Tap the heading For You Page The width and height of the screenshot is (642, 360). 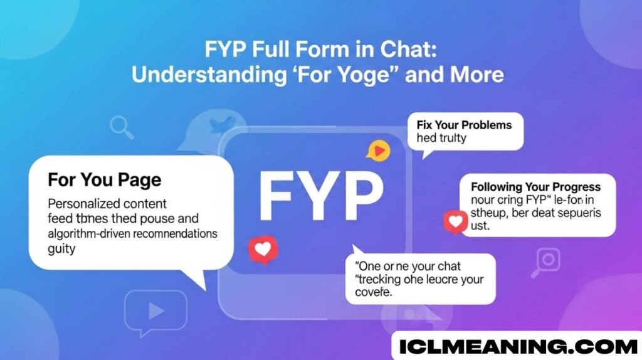tap(104, 180)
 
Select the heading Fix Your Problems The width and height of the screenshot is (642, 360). tap(464, 124)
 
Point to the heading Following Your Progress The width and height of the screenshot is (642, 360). tap(535, 187)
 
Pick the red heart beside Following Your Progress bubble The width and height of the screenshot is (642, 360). tap(455, 221)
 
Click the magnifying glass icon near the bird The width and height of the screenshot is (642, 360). tap(121, 127)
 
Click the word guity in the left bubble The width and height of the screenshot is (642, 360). tap(61, 249)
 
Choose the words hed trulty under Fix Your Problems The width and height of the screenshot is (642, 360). tap(441, 137)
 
